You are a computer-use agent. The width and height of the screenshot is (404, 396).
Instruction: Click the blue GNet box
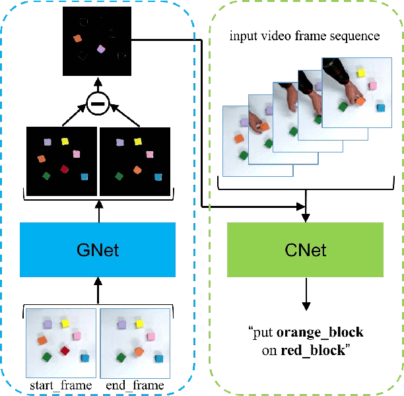pyautogui.click(x=98, y=249)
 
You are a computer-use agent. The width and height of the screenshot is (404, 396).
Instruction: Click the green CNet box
pyautogui.click(x=305, y=249)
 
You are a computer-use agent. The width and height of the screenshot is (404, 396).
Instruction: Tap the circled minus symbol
pyautogui.click(x=98, y=104)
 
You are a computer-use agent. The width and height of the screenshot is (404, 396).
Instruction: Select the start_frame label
pyautogui.click(x=61, y=385)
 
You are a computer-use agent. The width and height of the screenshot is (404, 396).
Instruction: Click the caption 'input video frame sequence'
pyautogui.click(x=304, y=36)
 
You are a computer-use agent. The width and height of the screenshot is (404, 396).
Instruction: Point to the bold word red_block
pyautogui.click(x=312, y=350)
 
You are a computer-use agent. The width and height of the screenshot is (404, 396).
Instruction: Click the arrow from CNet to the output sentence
pyautogui.click(x=305, y=294)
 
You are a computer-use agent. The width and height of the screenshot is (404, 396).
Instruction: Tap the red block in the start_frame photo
pyautogui.click(x=65, y=350)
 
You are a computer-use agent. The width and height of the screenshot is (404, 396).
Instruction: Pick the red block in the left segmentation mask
pyautogui.click(x=65, y=170)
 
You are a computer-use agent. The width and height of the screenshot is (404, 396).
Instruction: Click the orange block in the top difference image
pyautogui.click(x=77, y=39)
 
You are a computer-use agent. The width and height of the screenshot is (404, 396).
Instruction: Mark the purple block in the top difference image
pyautogui.click(x=101, y=49)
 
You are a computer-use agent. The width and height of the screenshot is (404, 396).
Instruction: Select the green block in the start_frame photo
pyautogui.click(x=46, y=357)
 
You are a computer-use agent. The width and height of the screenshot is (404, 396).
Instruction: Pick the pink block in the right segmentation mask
pyautogui.click(x=151, y=154)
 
